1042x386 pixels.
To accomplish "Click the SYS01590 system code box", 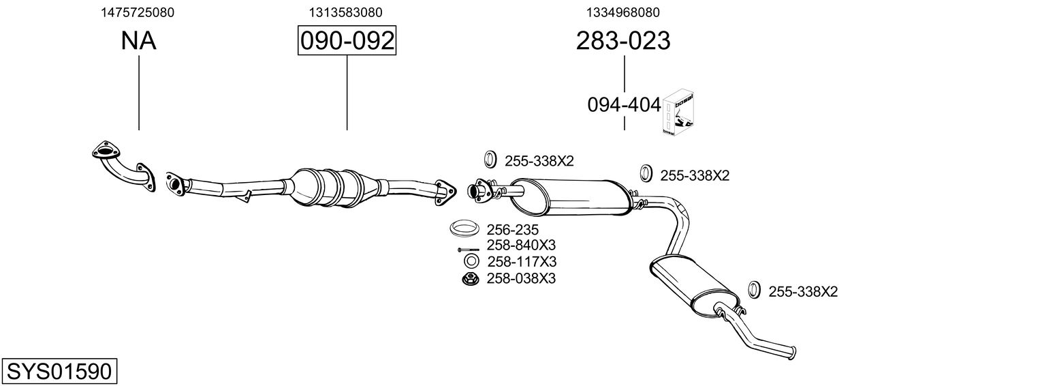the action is click(x=59, y=372).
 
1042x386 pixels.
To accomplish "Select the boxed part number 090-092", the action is click(x=347, y=41).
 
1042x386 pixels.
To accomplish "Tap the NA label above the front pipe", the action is click(x=138, y=41).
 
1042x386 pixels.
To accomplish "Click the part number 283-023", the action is click(x=623, y=41).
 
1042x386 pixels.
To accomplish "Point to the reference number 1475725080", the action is click(x=137, y=12).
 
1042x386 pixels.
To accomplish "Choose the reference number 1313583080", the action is click(x=345, y=12).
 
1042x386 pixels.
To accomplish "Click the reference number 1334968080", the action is click(x=622, y=12).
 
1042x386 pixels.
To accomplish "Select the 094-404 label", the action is click(x=624, y=105).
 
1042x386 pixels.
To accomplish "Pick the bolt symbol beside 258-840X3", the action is click(x=468, y=249).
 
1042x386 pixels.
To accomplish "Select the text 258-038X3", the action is click(x=521, y=278).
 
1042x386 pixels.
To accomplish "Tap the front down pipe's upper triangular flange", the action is click(x=104, y=150).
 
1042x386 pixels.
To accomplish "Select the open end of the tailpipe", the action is click(x=793, y=352).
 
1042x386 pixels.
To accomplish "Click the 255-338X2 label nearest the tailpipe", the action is click(x=803, y=292).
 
